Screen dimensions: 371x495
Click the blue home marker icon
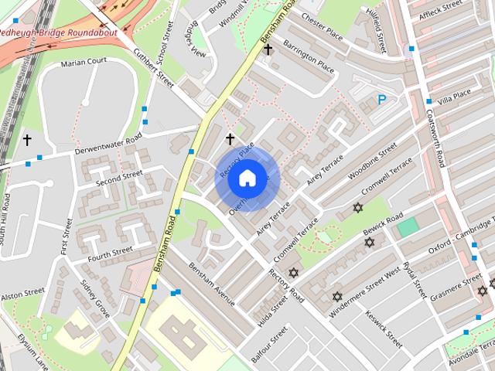(x=247, y=179)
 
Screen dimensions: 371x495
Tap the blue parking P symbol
(x=381, y=99)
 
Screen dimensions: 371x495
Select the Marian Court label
(x=86, y=63)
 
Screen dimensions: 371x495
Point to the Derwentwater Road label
(x=108, y=143)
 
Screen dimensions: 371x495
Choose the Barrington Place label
(x=309, y=57)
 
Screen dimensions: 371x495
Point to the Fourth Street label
(x=111, y=252)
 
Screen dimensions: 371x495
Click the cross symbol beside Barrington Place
(x=268, y=50)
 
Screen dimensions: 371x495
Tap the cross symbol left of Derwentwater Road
(x=27, y=140)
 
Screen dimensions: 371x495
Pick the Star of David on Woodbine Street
(x=357, y=208)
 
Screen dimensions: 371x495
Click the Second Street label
(x=119, y=179)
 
